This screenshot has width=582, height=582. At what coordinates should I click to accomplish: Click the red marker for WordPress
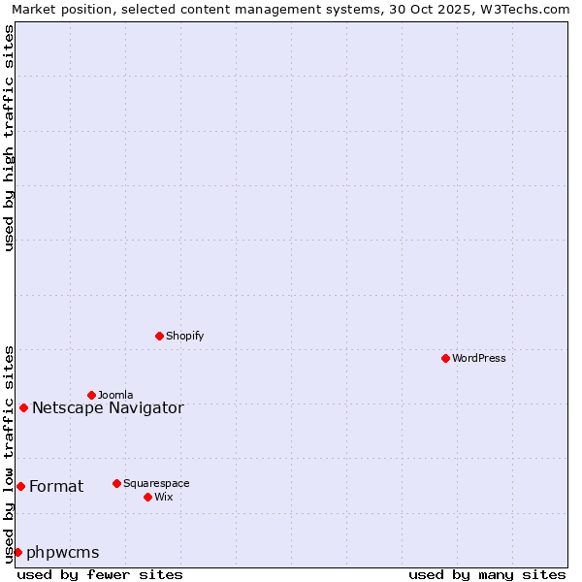tap(445, 358)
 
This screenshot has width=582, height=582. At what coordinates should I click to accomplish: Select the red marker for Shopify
tap(159, 336)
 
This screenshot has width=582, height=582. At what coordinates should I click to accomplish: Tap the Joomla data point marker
tap(91, 395)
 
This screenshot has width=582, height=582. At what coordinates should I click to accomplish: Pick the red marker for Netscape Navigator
tap(23, 407)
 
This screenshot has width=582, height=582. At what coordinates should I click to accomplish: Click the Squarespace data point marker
tap(116, 483)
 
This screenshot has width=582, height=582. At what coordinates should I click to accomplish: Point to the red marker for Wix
tap(147, 497)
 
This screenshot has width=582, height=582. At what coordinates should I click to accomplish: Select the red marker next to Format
tap(20, 486)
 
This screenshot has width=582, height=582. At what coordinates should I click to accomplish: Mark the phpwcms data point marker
tap(17, 552)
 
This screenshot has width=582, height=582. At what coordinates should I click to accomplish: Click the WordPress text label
tap(479, 358)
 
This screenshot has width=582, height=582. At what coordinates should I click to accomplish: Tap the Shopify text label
tap(185, 336)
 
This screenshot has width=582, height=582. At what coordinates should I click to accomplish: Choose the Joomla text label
tap(115, 395)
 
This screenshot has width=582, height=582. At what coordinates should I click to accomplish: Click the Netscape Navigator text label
tap(108, 407)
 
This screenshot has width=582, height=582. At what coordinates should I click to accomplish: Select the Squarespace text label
tap(156, 483)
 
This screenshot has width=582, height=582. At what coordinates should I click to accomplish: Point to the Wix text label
tap(164, 497)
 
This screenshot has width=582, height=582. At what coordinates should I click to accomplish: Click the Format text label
tap(56, 486)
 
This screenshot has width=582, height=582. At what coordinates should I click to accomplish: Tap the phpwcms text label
tap(63, 552)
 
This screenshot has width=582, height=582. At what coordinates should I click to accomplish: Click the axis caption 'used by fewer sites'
tap(100, 574)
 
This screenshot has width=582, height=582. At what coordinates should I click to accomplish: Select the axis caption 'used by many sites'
tap(487, 574)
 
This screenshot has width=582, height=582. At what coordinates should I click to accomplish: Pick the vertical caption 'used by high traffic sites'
tap(9, 138)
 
